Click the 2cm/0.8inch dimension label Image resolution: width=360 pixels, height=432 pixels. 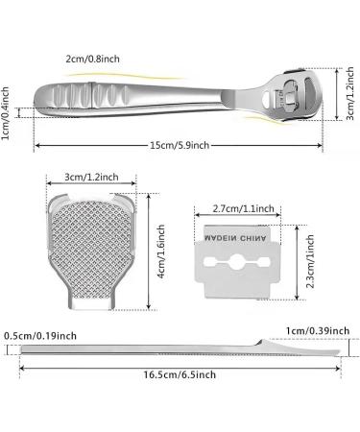click(92, 59)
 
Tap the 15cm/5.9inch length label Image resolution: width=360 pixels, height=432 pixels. click(180, 145)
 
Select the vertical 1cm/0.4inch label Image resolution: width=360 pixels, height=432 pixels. click(5, 113)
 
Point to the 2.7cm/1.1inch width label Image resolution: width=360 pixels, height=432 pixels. click(244, 208)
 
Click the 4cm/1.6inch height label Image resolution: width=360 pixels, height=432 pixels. click(161, 252)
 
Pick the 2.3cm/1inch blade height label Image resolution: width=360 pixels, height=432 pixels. click(310, 262)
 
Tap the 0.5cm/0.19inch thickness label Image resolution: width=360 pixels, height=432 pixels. click(40, 336)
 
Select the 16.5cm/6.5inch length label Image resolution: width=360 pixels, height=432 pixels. click(180, 374)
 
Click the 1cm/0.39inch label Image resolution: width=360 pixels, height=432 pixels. click(318, 330)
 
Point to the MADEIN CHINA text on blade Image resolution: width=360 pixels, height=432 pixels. click(235, 238)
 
